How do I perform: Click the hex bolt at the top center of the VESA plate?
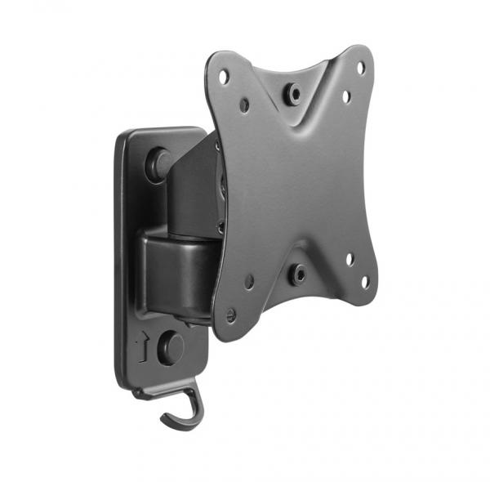(293, 94)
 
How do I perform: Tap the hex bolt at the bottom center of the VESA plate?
(298, 274)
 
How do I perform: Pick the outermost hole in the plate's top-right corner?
(361, 69)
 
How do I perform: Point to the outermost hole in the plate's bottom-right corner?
(364, 282)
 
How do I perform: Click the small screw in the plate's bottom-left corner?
(232, 312)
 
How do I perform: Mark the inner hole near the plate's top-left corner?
(244, 105)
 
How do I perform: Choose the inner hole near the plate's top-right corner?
(345, 96)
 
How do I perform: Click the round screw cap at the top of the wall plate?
(157, 163)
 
